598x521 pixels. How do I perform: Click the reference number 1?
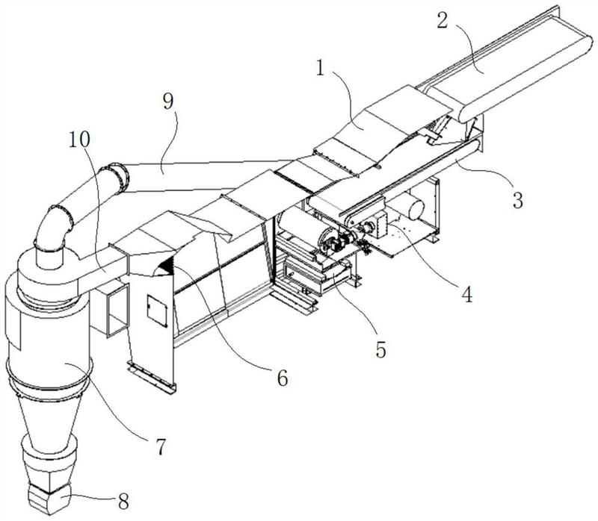tap(321, 68)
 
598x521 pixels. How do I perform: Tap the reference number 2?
tap(443, 21)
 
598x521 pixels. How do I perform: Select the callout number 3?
tap(517, 200)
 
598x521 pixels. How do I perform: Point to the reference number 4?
tap(466, 294)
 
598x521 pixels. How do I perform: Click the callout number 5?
tap(381, 349)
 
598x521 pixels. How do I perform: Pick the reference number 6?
tap(283, 378)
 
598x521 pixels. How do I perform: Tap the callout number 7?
tap(161, 447)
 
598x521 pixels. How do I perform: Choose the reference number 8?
tap(123, 502)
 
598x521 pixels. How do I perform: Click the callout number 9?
tap(167, 102)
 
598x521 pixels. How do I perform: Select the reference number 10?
tap(79, 140)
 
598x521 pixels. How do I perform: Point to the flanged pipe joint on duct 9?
tap(119, 178)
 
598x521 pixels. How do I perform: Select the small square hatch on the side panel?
tap(157, 311)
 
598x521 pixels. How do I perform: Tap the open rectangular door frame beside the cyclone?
tap(118, 311)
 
